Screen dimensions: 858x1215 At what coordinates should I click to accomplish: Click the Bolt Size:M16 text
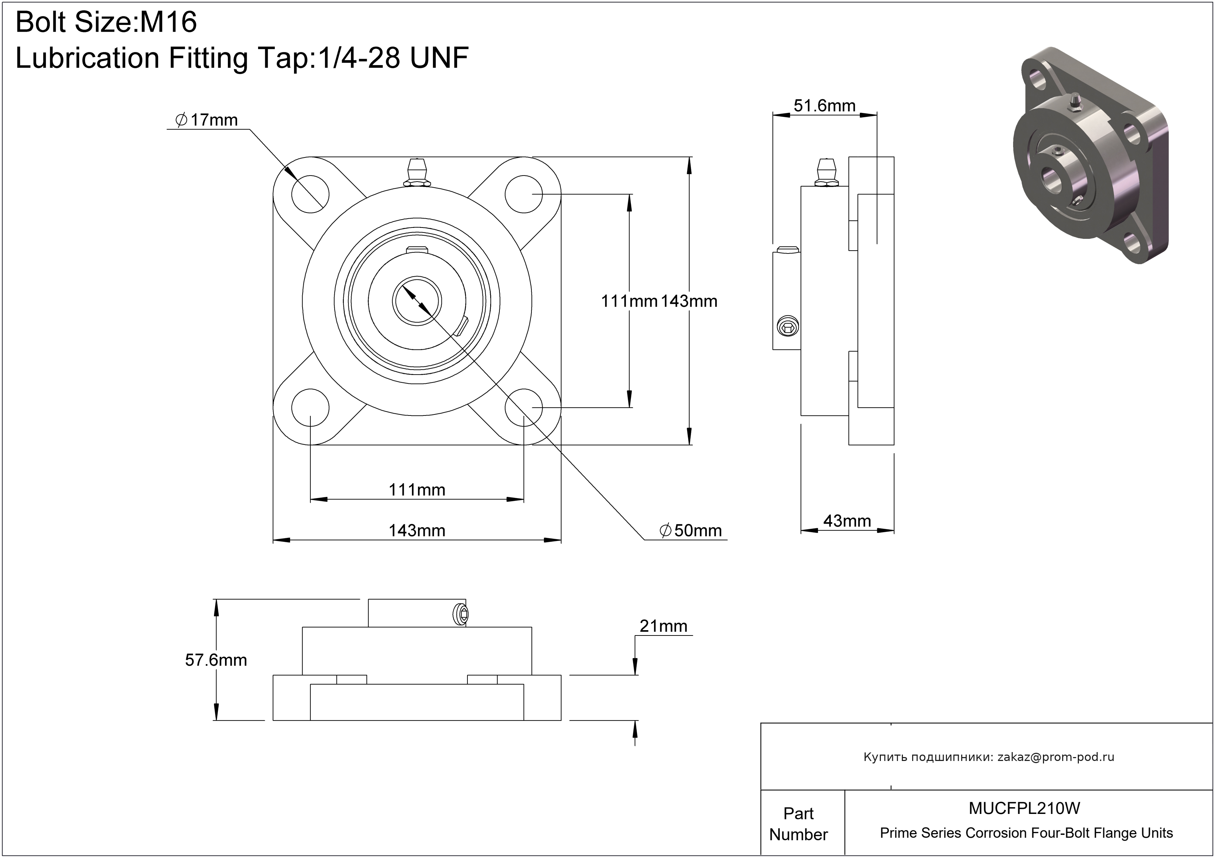point(106,22)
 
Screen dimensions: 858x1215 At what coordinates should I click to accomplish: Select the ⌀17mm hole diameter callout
point(207,120)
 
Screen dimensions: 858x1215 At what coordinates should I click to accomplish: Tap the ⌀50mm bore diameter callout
point(691,531)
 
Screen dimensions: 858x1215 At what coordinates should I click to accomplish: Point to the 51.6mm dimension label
point(824,106)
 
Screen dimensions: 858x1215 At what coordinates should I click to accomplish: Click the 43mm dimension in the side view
point(847,521)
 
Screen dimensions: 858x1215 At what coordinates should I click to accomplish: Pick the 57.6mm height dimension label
point(216,660)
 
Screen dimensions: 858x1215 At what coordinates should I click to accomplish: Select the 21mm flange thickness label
point(663,626)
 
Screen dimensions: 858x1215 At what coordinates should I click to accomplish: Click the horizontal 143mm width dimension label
point(417,531)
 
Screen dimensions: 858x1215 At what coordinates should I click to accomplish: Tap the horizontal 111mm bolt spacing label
point(417,490)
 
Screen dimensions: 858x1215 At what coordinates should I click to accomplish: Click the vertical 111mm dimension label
point(629,301)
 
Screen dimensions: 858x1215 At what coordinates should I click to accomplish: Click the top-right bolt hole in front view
point(524,194)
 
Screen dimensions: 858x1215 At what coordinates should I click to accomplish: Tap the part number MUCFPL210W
point(1024,808)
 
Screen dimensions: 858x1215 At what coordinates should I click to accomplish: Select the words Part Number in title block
point(798,824)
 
